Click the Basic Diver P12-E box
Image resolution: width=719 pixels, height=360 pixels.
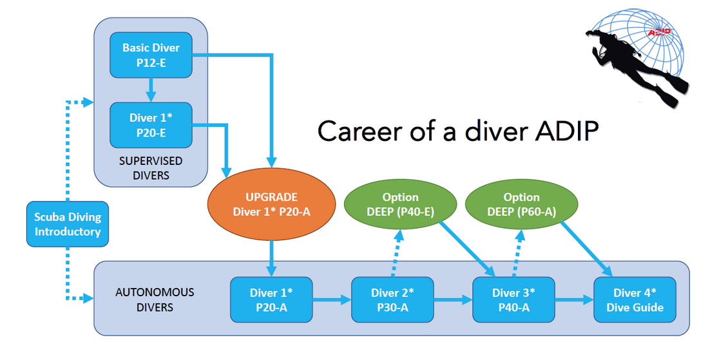click(x=151, y=55)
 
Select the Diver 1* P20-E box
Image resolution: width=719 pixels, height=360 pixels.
click(x=151, y=125)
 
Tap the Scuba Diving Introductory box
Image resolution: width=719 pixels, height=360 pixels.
click(x=68, y=224)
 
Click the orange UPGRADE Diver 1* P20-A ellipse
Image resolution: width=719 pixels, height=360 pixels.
click(x=271, y=204)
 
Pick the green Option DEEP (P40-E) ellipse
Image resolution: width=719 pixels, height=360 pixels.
click(x=400, y=204)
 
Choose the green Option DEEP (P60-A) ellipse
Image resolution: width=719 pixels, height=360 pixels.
click(x=521, y=204)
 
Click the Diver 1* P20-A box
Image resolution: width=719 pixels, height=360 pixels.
click(x=271, y=300)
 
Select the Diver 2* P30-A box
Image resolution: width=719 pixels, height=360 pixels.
click(x=392, y=300)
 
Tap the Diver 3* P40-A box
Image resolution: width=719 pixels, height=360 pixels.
click(x=513, y=300)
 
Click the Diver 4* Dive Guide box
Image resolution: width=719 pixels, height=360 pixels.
click(x=635, y=300)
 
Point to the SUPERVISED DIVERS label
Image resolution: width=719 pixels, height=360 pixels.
click(x=151, y=168)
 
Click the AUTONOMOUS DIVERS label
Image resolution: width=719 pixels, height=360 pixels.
click(x=155, y=300)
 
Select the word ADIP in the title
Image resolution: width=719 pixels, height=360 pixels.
click(x=567, y=131)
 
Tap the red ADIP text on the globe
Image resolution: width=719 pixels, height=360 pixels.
click(x=659, y=33)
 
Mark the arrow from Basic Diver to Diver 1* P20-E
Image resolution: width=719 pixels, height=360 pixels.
click(x=151, y=90)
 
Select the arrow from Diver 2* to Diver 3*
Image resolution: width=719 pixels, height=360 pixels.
click(x=453, y=300)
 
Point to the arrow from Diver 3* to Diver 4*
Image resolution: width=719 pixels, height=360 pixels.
click(x=574, y=300)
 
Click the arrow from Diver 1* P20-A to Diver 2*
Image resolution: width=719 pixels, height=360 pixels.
click(x=332, y=300)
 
